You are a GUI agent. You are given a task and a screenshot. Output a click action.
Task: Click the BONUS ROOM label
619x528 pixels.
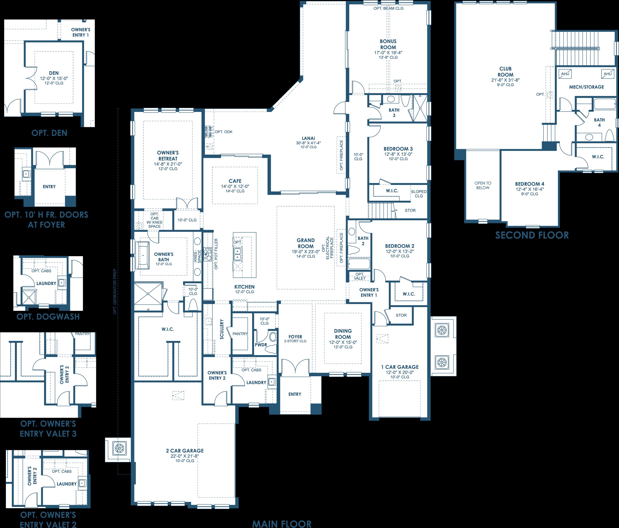pos(388,44)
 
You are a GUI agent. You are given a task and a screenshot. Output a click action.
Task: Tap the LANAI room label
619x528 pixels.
pos(308,138)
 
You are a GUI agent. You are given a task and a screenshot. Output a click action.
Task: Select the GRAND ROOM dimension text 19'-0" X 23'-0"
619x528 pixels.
pos(306,252)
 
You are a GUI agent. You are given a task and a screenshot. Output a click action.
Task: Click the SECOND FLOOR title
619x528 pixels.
pos(532,235)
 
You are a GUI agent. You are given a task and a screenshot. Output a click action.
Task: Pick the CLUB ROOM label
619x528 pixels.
pos(506,72)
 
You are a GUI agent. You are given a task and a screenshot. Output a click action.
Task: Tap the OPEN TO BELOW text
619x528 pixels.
pos(483,185)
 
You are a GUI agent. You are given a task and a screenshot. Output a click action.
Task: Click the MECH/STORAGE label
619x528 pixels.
pos(587,87)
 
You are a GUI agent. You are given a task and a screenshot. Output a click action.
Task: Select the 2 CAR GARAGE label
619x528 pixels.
pos(185,451)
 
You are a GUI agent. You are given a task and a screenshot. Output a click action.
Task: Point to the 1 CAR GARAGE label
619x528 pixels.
pos(400,367)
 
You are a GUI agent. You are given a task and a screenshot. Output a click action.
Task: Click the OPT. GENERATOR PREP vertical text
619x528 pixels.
pos(115,292)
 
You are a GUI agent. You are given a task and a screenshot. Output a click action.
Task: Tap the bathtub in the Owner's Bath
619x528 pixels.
pos(143,255)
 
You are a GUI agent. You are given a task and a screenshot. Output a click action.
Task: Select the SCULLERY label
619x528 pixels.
pos(222,329)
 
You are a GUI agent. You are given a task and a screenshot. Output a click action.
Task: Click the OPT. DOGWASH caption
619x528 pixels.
pos(48,317)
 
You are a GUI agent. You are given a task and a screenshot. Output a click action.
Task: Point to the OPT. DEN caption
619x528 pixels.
pos(49,133)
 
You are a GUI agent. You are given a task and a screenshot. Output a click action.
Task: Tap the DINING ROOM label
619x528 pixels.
pos(343,334)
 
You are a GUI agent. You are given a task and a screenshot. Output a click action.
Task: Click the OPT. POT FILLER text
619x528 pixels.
pos(216,254)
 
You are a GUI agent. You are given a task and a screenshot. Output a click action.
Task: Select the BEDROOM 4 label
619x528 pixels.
pos(530,184)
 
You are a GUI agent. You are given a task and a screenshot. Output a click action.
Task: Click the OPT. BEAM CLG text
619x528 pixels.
pos(388,8)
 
